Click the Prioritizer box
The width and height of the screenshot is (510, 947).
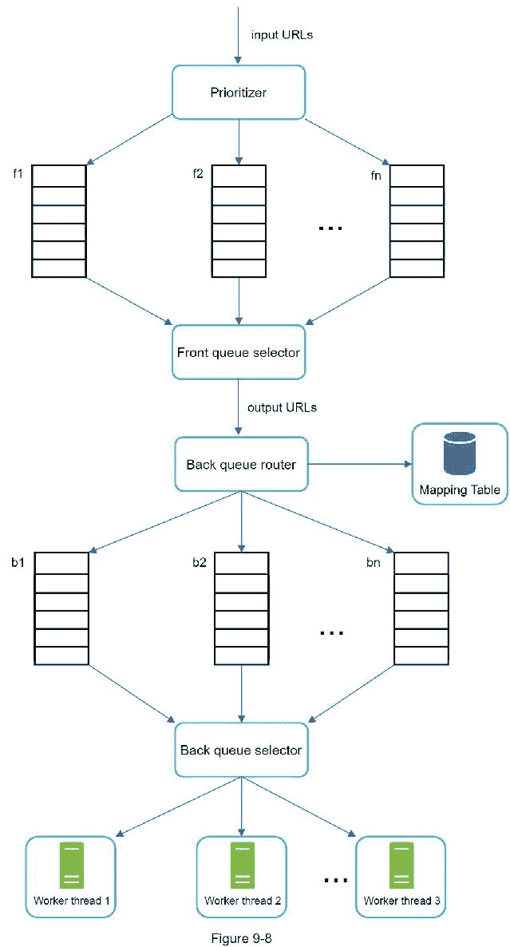(239, 93)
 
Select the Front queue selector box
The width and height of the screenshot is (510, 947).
(239, 351)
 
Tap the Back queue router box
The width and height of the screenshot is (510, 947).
(240, 464)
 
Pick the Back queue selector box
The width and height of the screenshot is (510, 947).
(241, 750)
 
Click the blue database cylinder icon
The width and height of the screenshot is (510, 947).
(459, 454)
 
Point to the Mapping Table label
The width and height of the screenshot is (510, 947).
(460, 489)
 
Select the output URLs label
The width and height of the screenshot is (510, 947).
(282, 407)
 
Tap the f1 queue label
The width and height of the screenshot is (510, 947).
(18, 174)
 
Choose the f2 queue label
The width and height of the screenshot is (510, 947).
(198, 174)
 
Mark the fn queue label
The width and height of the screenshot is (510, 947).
(376, 174)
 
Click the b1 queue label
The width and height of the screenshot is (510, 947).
(18, 562)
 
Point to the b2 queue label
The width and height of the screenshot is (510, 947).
(200, 562)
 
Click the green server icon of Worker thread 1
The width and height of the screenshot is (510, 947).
(71, 866)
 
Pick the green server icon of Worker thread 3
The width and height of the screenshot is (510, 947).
(401, 866)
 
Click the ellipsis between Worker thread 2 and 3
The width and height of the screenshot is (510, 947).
(336, 880)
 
